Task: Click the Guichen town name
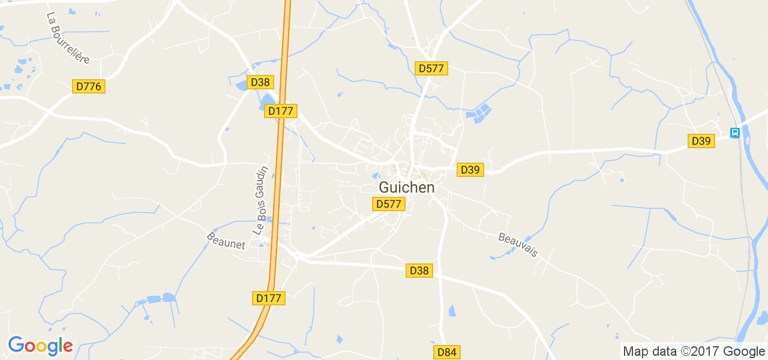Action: pos(406,188)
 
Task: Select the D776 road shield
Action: pos(89,86)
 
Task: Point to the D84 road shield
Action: pos(446,352)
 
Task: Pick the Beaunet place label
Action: pos(226,241)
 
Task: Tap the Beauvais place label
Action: pos(518,245)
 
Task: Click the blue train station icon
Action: pos(734,133)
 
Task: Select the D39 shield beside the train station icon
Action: pos(701,141)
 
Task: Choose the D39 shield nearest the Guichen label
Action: pos(470,170)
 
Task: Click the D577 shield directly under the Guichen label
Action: pos(388,204)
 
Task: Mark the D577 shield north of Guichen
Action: pos(431,68)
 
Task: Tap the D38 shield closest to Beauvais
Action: pos(419,271)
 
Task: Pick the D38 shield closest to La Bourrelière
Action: pos(260,82)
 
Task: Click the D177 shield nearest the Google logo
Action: pos(268,298)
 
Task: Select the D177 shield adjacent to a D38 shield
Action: pos(280,111)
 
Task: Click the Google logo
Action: pos(40,346)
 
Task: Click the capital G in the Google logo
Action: pos(16,345)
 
